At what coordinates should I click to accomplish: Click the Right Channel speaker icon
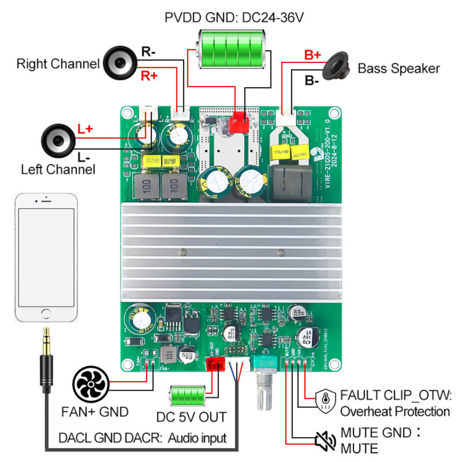tap(120, 63)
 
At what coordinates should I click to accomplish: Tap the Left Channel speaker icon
tap(58, 141)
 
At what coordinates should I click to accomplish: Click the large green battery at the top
tap(231, 49)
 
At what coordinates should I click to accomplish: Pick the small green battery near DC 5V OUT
tap(188, 395)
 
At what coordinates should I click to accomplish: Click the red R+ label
tap(149, 76)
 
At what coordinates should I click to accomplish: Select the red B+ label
tap(312, 55)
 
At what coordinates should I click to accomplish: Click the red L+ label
tap(85, 129)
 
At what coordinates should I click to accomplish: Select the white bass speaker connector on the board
tap(286, 117)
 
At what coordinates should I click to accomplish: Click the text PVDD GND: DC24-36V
tap(234, 18)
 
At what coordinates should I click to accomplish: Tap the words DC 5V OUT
tap(191, 417)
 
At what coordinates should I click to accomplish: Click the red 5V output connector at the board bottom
tap(215, 364)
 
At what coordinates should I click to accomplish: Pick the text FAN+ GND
tap(95, 412)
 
